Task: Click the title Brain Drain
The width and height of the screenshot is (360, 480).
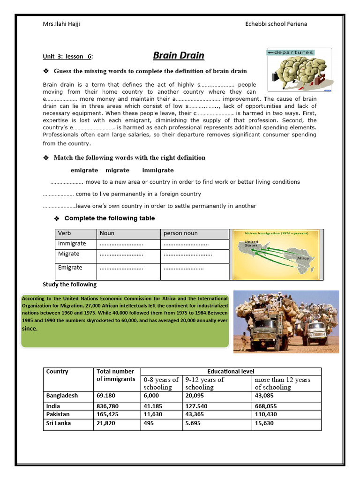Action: point(179,56)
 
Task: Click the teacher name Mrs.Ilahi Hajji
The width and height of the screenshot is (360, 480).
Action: point(61,24)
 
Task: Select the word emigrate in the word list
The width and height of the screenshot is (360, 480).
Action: point(84,170)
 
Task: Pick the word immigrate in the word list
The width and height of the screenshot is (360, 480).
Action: point(158,170)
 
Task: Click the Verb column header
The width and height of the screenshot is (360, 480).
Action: point(64,233)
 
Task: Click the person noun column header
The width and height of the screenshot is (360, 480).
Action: point(180,233)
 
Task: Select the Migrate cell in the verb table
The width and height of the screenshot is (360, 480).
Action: point(68,254)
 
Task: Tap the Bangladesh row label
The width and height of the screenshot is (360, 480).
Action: point(62,395)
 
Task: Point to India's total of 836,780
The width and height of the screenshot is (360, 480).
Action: point(108,406)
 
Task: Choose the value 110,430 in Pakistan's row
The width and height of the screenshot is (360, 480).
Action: point(266,414)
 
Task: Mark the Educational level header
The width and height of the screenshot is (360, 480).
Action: point(231,371)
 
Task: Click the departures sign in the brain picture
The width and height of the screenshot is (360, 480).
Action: point(291,52)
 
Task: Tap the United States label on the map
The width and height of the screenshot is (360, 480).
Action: point(252,244)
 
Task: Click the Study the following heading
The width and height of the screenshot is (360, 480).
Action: point(69,285)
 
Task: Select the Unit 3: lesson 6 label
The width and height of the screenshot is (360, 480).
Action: point(67,57)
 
